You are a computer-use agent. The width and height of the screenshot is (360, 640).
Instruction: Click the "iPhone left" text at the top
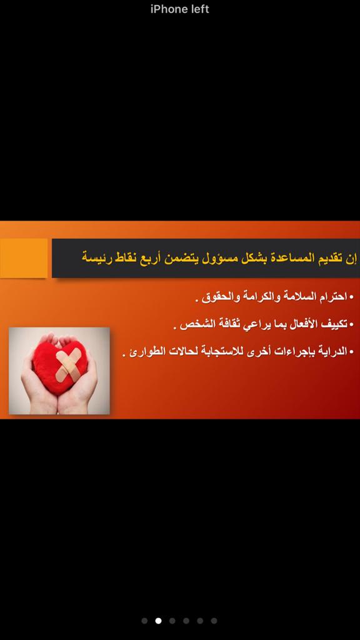pyautogui.click(x=179, y=9)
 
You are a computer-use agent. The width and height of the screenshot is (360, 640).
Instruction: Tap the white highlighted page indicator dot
pyautogui.click(x=158, y=621)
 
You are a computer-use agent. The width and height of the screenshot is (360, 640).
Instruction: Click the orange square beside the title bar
pyautogui.click(x=24, y=258)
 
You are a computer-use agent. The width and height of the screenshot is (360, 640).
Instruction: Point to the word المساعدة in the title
pyautogui.click(x=291, y=258)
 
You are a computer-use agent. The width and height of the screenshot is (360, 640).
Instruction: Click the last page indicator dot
pyautogui.click(x=214, y=621)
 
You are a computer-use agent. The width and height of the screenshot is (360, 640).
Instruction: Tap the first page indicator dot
pyautogui.click(x=144, y=621)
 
